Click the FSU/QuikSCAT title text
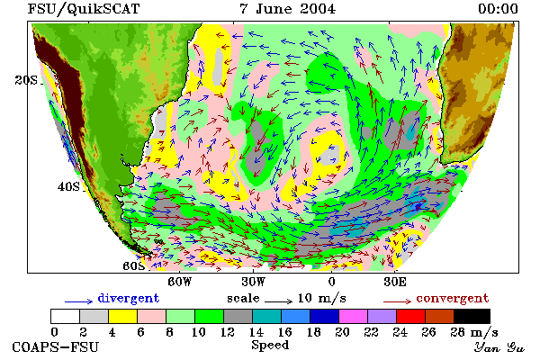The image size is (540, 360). click(x=84, y=9)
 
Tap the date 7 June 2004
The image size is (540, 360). click(x=287, y=9)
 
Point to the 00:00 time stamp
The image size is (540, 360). click(x=498, y=9)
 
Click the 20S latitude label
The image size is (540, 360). click(x=26, y=80)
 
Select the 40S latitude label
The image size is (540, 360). click(x=68, y=186)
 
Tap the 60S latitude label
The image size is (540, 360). click(x=133, y=266)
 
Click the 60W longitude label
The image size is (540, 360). click(x=179, y=282)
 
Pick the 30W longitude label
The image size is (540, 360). click(x=253, y=282)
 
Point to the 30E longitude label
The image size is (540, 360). click(x=395, y=282)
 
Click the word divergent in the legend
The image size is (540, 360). click(x=129, y=298)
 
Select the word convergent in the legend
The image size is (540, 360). click(x=452, y=298)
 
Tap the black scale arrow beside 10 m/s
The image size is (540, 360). click(x=279, y=301)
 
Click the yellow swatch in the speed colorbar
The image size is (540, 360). click(x=122, y=316)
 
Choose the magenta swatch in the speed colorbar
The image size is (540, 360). click(x=353, y=316)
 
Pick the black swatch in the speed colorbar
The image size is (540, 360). click(x=472, y=316)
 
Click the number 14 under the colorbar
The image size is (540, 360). click(x=256, y=332)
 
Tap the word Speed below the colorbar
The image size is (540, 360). click(x=270, y=346)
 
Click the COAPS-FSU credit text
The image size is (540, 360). click(x=55, y=346)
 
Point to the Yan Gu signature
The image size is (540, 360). click(x=499, y=346)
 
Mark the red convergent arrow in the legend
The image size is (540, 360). click(x=397, y=301)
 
